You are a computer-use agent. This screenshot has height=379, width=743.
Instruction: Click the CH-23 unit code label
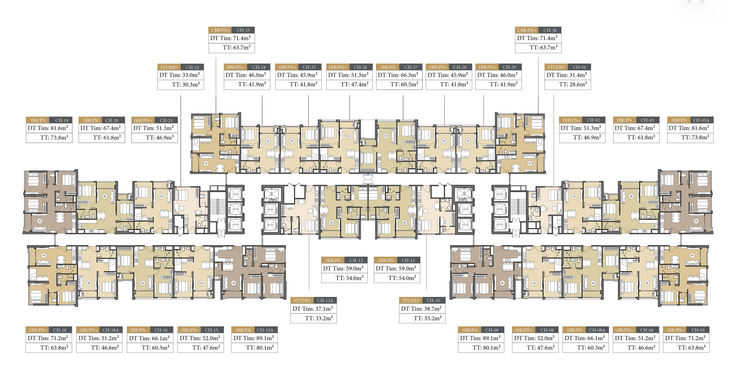[x=243, y=30]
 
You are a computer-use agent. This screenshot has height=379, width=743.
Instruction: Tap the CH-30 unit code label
[x=550, y=30]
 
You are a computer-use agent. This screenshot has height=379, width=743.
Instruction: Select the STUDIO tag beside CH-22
[x=169, y=67]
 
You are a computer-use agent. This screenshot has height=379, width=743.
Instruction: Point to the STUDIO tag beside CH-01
[x=556, y=67]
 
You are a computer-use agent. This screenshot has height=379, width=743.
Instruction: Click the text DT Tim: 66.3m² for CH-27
[x=398, y=75]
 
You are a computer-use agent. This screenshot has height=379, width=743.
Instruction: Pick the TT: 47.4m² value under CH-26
[x=355, y=84]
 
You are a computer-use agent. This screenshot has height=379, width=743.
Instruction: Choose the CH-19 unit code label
[x=62, y=120]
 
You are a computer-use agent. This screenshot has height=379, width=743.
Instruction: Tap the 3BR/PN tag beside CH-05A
[x=679, y=120]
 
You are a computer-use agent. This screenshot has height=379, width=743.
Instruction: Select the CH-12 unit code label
[x=356, y=260]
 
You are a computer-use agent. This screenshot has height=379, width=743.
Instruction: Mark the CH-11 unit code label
[x=408, y=260]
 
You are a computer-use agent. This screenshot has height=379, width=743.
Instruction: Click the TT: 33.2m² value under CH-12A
[x=319, y=318]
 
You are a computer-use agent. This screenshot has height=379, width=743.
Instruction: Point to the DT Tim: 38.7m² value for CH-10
[x=421, y=309]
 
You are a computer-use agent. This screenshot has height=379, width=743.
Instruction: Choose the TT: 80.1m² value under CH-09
[x=487, y=348]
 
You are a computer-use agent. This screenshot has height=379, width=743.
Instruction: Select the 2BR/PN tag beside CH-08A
[x=574, y=330]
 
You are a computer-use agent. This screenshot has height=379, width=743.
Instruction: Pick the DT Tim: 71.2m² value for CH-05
[x=685, y=338]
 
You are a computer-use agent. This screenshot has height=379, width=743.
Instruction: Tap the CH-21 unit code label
[x=166, y=120]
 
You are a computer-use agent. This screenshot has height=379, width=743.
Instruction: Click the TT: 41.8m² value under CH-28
[x=454, y=84]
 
